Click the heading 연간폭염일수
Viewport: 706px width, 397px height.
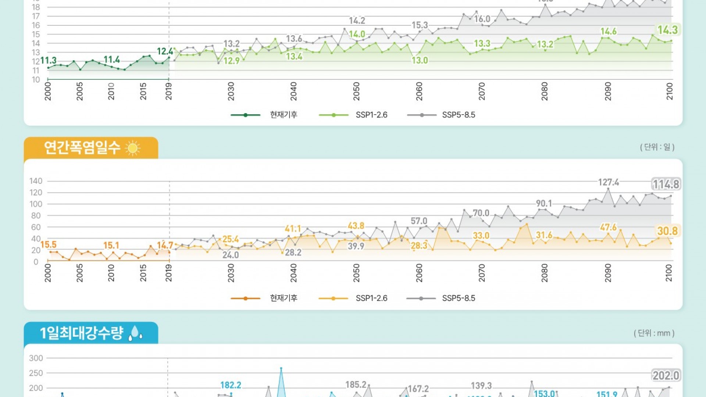point(82,148)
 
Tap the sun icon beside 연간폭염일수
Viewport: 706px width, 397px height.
point(133,148)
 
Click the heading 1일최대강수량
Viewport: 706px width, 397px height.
point(81,333)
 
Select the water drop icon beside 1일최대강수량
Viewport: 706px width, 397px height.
point(135,333)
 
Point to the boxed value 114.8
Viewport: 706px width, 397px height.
point(666,184)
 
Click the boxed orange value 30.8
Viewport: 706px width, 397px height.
point(667,231)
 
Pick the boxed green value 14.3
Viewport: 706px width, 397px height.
point(667,30)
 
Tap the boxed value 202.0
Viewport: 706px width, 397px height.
point(666,375)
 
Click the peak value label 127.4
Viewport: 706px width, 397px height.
point(609,182)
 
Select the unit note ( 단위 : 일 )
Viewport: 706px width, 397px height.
point(657,147)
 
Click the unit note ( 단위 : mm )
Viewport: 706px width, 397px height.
point(654,333)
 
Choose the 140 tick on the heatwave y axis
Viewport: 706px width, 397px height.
point(36,181)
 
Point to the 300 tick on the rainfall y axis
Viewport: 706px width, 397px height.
point(36,358)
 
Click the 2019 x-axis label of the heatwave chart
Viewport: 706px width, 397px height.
point(169,273)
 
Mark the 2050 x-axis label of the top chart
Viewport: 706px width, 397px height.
point(356,92)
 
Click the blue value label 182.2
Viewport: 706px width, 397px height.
point(231,385)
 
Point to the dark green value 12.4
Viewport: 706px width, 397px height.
point(165,51)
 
